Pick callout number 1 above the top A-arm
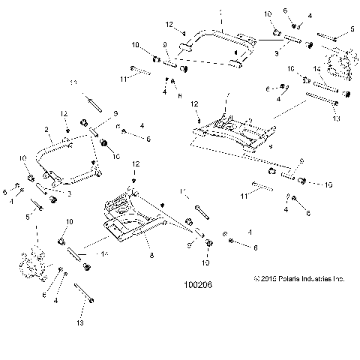tap(223, 13)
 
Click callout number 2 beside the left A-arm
tap(46, 129)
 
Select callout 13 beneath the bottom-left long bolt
tap(79, 323)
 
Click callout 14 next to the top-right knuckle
tap(317, 69)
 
